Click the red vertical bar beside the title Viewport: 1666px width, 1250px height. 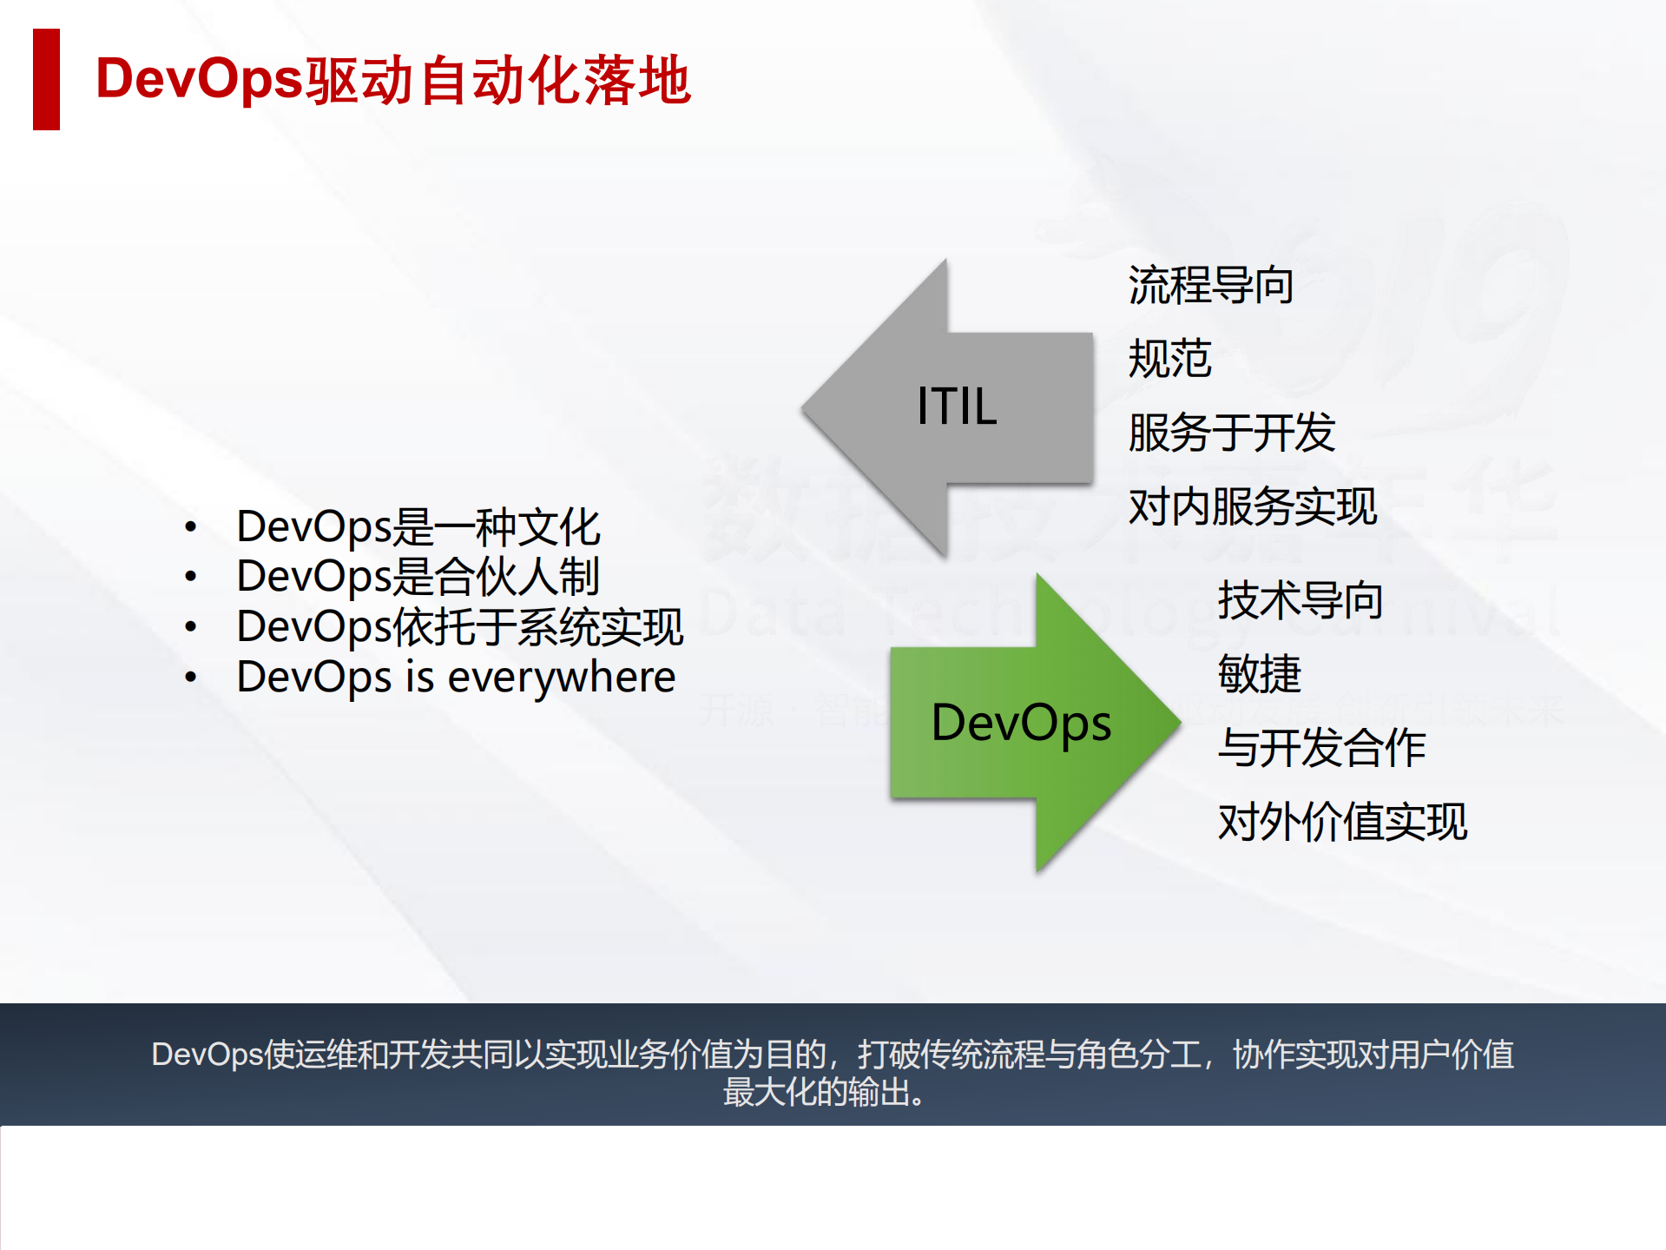pos(46,79)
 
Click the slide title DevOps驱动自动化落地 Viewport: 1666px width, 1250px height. pos(392,80)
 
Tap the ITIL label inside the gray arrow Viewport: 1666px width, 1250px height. pos(957,407)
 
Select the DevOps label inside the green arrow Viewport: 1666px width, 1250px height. pos(1021,723)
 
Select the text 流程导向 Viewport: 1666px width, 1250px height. pos(1210,286)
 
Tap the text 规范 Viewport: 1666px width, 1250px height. pos(1169,359)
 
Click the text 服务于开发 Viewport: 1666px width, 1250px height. pos(1231,433)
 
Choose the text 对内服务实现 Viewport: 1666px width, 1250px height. pos(1252,506)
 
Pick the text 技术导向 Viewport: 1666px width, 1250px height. pos(1300,600)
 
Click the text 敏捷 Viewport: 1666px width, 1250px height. pos(1259,674)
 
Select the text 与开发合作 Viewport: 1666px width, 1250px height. pos(1320,748)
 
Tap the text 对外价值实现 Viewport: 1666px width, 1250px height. pos(1341,822)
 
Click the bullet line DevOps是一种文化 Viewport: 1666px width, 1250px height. pos(418,526)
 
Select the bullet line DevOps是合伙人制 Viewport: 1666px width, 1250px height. pos(418,576)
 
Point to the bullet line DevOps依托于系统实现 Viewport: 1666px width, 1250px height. pos(459,626)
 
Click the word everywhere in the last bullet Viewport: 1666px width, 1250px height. pos(561,677)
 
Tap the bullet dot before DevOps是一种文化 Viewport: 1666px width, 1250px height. pos(191,527)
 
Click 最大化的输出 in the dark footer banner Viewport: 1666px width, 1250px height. pos(816,1092)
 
